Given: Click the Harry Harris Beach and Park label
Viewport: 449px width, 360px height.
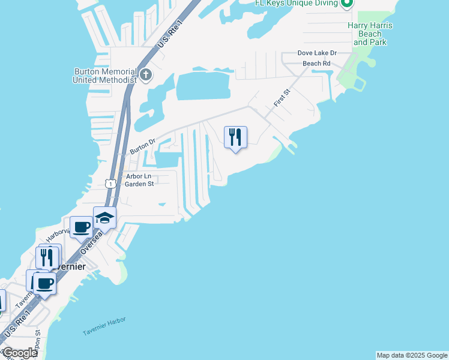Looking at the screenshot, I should (x=370, y=34).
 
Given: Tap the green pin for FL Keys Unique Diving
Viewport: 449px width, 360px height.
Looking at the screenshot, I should (x=346, y=4).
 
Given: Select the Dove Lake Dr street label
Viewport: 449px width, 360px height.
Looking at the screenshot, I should (x=318, y=53).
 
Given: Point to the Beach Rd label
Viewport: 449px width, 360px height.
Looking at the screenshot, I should (x=316, y=63).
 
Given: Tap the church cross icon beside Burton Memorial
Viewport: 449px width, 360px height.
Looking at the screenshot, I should (x=146, y=76).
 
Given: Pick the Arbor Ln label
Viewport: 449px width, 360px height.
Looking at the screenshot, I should (x=139, y=176).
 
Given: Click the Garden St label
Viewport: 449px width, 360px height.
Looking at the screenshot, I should (x=139, y=184).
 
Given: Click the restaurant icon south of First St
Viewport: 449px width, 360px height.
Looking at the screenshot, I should (x=235, y=137).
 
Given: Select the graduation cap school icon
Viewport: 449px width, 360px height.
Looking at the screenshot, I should (x=104, y=218).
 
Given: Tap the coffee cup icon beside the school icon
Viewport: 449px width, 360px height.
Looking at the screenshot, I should (x=82, y=227).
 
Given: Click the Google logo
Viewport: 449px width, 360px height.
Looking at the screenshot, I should (x=20, y=353).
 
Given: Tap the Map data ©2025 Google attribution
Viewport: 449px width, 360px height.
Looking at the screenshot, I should (x=412, y=355).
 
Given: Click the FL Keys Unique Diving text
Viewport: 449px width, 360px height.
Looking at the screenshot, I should (x=303, y=3).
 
